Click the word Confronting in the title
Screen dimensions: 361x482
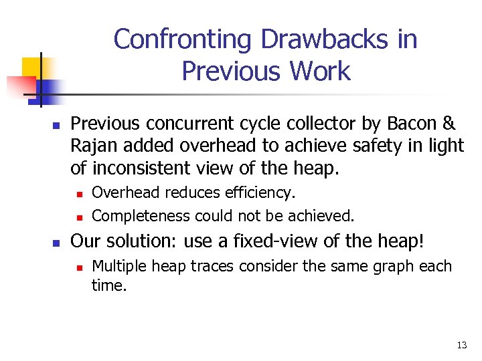(183, 40)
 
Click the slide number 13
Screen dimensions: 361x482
(461, 346)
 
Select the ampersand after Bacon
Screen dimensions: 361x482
(449, 124)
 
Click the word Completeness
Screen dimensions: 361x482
(141, 215)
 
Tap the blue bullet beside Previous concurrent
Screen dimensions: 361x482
(38, 125)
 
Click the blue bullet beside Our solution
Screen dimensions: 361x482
(38, 241)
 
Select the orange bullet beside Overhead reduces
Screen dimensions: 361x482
(78, 194)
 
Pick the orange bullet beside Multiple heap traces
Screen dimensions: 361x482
(78, 267)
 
